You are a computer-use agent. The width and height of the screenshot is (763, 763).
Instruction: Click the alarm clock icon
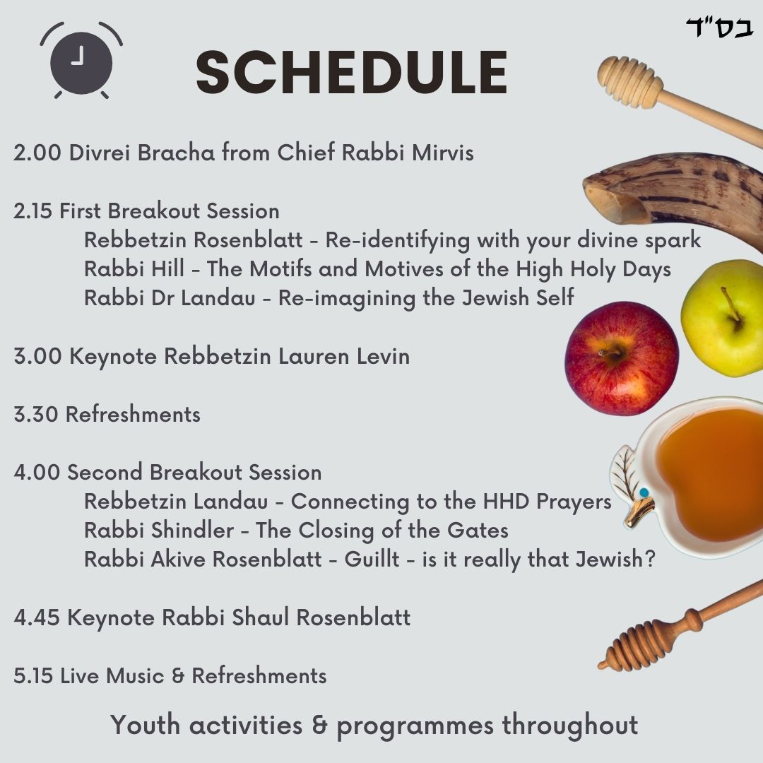tap(81, 61)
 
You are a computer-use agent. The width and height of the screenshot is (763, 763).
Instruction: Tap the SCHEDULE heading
tap(352, 72)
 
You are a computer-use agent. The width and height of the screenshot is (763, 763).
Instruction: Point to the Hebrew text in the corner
tap(720, 28)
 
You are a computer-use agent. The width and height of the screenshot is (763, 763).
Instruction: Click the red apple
tap(622, 359)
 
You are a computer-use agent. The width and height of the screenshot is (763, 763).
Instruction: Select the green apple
tap(723, 318)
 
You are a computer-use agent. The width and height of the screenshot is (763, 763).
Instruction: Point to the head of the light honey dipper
tap(629, 81)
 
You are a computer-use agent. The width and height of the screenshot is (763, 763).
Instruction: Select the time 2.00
tap(37, 153)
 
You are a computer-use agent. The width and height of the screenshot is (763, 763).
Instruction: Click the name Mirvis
tap(442, 153)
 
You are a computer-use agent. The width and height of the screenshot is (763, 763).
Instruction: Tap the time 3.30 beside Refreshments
tap(36, 415)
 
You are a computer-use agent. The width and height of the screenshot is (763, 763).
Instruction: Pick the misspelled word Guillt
tap(372, 559)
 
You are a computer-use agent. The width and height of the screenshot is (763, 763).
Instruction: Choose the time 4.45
tap(37, 617)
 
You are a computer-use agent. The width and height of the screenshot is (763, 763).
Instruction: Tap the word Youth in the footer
tap(145, 725)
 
